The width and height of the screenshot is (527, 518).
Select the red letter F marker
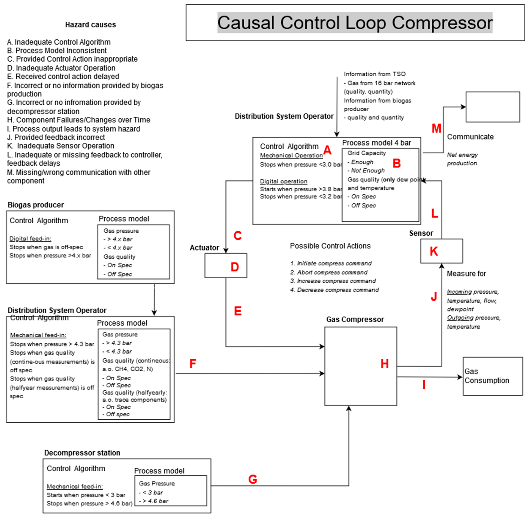tap(193, 363)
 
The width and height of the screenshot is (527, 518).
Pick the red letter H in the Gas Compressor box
tap(384, 363)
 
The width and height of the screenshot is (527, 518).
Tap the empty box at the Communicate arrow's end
tap(493, 107)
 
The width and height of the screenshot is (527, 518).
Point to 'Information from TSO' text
tap(375, 74)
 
